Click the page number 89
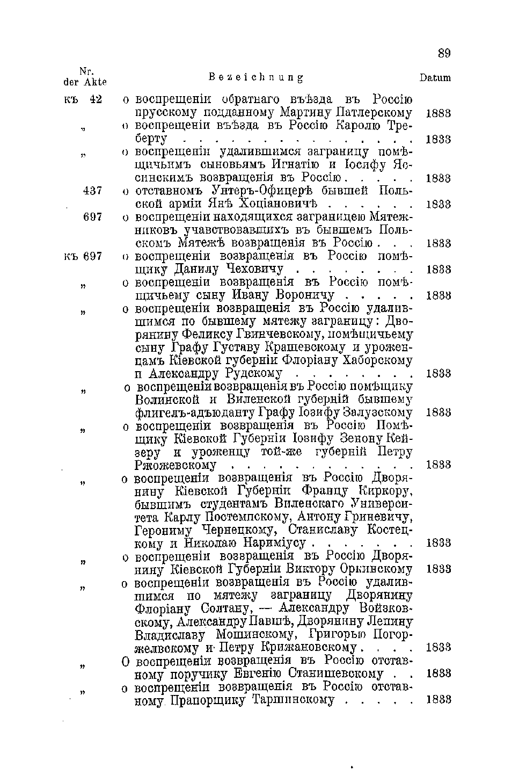[x=444, y=53]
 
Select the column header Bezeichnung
[x=255, y=78]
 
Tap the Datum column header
[x=435, y=78]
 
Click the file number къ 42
[x=84, y=99]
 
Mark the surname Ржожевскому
[x=176, y=465]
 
